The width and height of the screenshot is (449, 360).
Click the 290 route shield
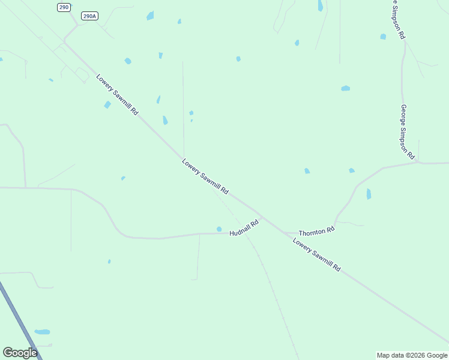(64, 7)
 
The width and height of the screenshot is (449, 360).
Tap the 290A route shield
(89, 16)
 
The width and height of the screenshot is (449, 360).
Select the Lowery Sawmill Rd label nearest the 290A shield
(117, 94)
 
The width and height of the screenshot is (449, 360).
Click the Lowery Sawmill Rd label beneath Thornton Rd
(316, 255)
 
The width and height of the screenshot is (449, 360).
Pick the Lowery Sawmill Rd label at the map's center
(205, 176)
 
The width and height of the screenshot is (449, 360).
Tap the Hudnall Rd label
(244, 227)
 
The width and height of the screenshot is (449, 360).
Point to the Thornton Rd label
(316, 231)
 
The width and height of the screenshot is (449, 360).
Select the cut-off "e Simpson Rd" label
(398, 20)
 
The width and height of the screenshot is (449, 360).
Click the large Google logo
(20, 353)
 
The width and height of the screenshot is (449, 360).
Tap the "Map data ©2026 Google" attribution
(412, 355)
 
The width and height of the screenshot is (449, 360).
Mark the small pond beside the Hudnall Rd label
(219, 229)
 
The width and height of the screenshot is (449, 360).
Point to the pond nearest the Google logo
(42, 332)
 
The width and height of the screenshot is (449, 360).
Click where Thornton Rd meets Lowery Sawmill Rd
(283, 232)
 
